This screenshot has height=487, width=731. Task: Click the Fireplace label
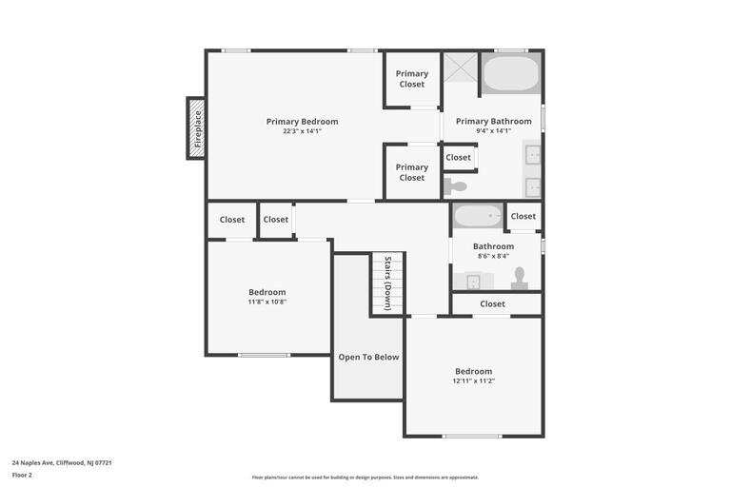click(198, 128)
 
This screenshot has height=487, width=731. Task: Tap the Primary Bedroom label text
click(302, 122)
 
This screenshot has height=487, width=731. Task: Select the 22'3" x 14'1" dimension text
click(302, 131)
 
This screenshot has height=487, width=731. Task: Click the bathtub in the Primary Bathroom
click(511, 73)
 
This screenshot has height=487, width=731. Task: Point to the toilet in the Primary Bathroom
click(457, 186)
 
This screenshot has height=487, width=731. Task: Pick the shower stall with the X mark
click(461, 67)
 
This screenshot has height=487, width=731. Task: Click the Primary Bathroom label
click(493, 122)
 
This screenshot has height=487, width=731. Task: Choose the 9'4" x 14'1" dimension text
click(493, 131)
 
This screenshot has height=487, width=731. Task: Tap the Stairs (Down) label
click(387, 283)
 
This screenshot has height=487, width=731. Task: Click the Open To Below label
click(368, 358)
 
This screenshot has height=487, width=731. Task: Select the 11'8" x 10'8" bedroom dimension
click(267, 302)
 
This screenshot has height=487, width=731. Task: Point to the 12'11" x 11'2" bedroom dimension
click(473, 381)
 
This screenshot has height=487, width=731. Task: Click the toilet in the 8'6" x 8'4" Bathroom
click(519, 278)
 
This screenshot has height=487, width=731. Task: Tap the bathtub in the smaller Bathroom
click(478, 216)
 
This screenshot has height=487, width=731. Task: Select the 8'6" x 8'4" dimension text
click(493, 256)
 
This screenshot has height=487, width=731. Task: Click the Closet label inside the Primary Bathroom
click(458, 158)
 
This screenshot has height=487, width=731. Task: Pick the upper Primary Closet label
click(412, 79)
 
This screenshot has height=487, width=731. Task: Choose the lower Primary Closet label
click(412, 172)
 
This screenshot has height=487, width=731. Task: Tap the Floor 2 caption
click(22, 475)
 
